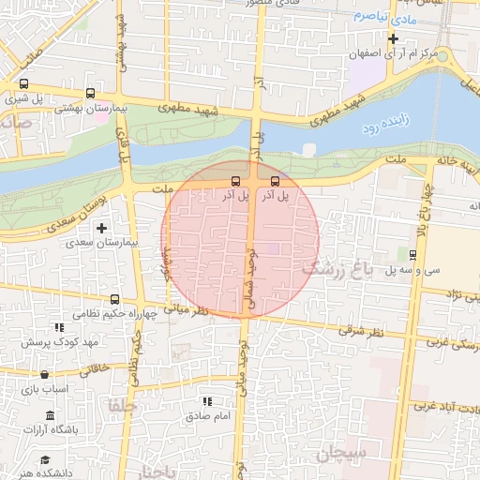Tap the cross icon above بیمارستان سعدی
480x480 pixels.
tap(102, 228)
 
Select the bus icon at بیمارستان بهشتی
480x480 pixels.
tap(90, 94)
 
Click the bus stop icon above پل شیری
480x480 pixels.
tap(22, 82)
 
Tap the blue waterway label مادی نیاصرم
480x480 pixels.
tap(382, 18)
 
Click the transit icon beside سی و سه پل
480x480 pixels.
tap(413, 254)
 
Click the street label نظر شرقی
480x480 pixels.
tap(365, 332)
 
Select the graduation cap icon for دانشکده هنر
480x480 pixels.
tap(44, 459)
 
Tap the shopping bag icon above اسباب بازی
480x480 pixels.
tap(44, 374)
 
